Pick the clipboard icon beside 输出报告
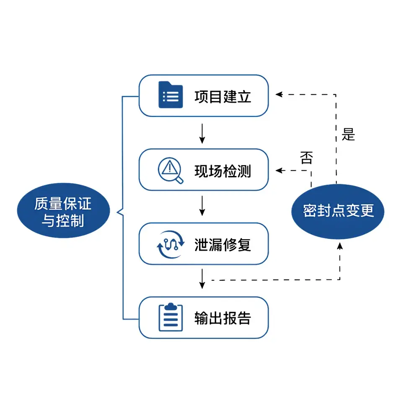pos(171,318)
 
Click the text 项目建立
pos(222,96)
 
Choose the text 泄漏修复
pos(222,244)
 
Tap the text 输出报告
pos(222,318)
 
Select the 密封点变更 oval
pos(338,211)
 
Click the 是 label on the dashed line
pos(348,135)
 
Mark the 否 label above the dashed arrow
pos(306,158)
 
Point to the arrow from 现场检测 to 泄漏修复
pos(202,206)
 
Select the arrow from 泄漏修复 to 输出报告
pos(202,279)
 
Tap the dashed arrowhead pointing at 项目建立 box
pos(279,95)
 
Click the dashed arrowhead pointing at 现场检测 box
pos(279,171)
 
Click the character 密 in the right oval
pos(309,211)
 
